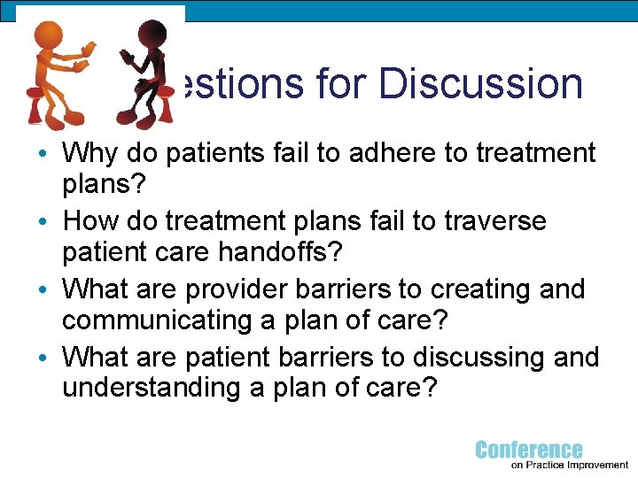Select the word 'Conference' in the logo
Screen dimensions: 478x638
pos(529,450)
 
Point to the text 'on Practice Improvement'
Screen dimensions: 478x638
pos(569,464)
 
